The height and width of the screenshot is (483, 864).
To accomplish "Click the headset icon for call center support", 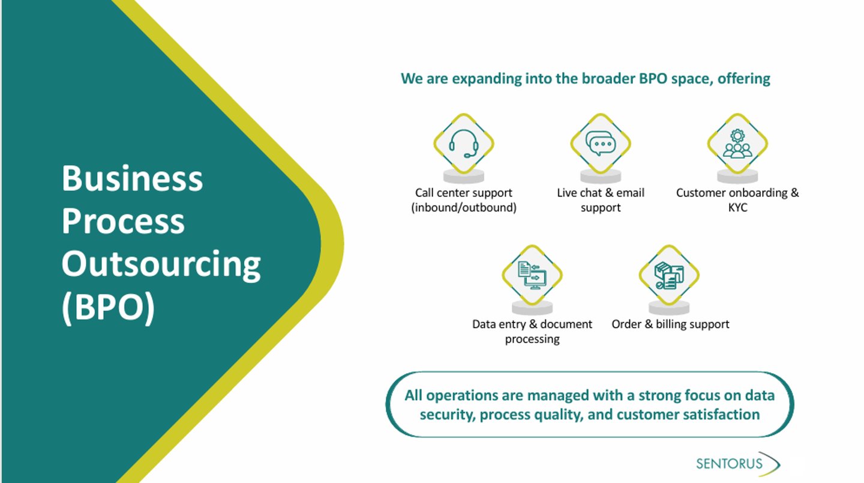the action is pos(463,144).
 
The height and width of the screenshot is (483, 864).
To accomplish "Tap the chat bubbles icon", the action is pos(600,144).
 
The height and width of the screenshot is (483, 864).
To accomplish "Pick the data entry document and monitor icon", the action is pos(532,275).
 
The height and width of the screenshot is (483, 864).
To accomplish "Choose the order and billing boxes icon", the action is pos(669,275).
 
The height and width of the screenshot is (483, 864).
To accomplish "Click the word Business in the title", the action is pos(132,178).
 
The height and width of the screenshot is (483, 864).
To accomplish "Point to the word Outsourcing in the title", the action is pos(161,265).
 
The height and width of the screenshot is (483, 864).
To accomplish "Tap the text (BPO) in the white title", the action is pos(108,308).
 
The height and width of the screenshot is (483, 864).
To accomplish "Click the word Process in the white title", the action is pos(123,222).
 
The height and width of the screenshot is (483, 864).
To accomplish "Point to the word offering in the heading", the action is pos(743,79).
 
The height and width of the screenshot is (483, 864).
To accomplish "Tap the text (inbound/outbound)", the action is pos(463,208).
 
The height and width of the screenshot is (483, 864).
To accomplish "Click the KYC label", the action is pos(737,208).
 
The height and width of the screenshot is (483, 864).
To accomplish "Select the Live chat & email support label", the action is pos(600,200).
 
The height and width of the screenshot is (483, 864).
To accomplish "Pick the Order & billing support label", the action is pos(670,324).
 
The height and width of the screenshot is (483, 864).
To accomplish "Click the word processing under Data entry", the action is pos(532,339).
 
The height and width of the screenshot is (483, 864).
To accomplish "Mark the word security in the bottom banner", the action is pos(447,415).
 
